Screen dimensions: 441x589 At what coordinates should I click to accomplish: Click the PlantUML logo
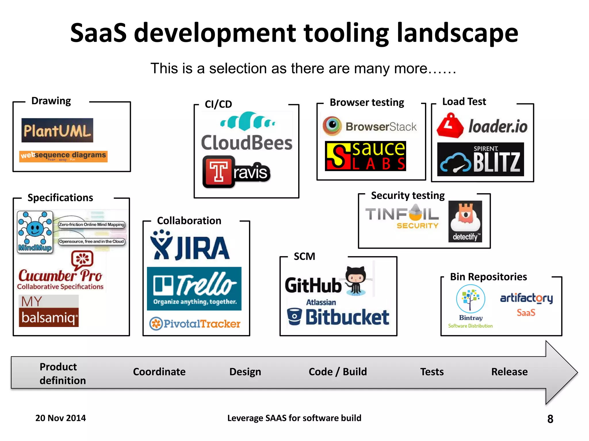pos(57,130)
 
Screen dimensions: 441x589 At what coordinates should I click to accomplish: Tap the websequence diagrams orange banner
pos(63,156)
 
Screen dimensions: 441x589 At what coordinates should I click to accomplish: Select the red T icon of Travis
pos(218,172)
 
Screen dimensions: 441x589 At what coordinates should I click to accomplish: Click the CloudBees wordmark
pos(246,143)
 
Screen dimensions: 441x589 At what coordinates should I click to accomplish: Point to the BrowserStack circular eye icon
pos(332,126)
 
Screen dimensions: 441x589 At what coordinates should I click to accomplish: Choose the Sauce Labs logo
pos(365,156)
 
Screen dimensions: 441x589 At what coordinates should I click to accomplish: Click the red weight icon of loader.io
pos(450,125)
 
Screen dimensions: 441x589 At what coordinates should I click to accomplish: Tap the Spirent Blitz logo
pos(480,159)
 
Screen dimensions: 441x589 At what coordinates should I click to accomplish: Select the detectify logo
pos(465,221)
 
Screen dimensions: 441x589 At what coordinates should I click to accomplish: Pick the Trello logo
pos(194,289)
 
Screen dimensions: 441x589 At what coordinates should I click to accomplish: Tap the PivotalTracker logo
pos(195,324)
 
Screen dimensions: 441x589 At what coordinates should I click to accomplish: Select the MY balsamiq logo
pos(49,311)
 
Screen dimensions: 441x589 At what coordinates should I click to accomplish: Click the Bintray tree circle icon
pos(471,299)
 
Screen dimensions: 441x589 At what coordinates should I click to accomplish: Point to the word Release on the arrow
pos(509,372)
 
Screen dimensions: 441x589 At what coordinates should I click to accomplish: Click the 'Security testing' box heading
pos(408,196)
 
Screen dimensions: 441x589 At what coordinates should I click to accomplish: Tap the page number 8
pos(550,419)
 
